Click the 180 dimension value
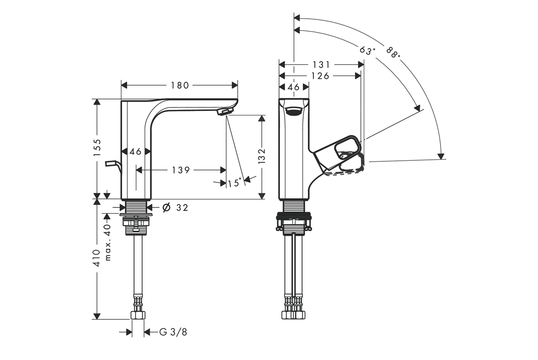coord(179,85)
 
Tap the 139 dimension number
coord(181,170)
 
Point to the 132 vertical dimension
coord(262,156)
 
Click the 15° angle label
coord(235,182)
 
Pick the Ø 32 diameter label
coord(175,207)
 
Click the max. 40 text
coord(108,242)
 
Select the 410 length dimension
coord(97,258)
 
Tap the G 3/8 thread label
coord(173,332)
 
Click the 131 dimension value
coord(321,64)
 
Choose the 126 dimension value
coord(320,76)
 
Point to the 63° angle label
coord(367,50)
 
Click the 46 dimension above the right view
coord(293,87)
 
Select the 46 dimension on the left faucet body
coord(135,152)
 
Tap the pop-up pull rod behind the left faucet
coord(112,165)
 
